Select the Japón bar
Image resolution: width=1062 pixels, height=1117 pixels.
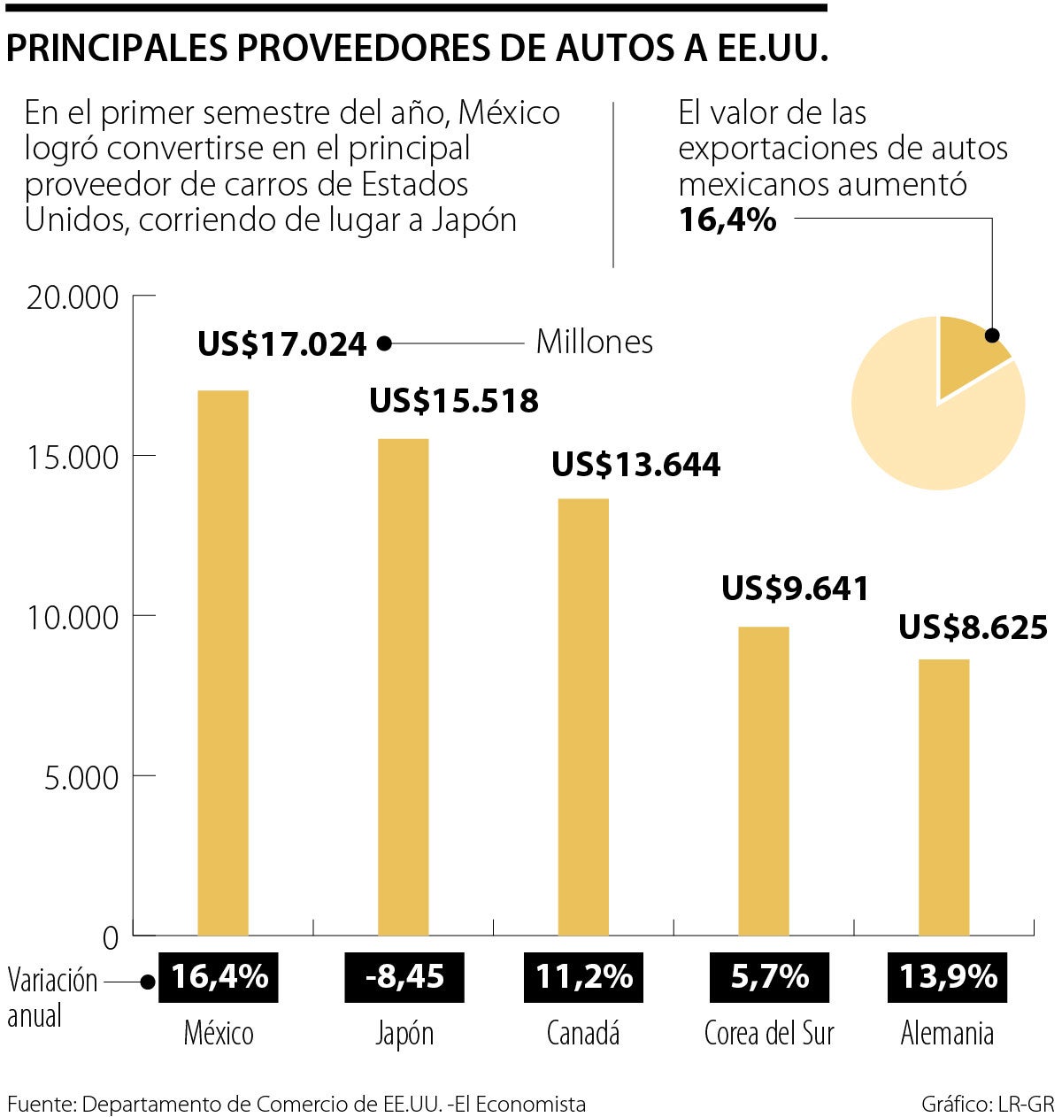(x=403, y=687)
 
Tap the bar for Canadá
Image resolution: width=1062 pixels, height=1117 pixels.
(x=583, y=717)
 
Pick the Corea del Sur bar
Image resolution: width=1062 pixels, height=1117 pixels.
(x=763, y=781)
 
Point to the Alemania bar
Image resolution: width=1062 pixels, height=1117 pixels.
(x=943, y=797)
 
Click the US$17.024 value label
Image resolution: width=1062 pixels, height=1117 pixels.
(x=281, y=344)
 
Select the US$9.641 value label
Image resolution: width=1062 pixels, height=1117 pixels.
(x=795, y=589)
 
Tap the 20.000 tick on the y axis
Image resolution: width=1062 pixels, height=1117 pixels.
(x=73, y=297)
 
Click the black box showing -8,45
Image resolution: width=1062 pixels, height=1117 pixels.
(x=404, y=977)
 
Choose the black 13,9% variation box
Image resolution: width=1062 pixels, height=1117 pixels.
(x=948, y=977)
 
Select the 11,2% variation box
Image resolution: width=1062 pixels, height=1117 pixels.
(x=584, y=977)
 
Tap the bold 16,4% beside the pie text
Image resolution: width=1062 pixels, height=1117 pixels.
(x=727, y=220)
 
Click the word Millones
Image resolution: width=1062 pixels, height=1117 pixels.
(x=594, y=342)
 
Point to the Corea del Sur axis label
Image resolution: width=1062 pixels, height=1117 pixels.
(x=768, y=1033)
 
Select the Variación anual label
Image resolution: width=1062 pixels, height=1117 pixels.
(x=52, y=998)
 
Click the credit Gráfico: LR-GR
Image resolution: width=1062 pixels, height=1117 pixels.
(x=987, y=1104)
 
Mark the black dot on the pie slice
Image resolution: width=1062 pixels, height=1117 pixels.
(x=992, y=335)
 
